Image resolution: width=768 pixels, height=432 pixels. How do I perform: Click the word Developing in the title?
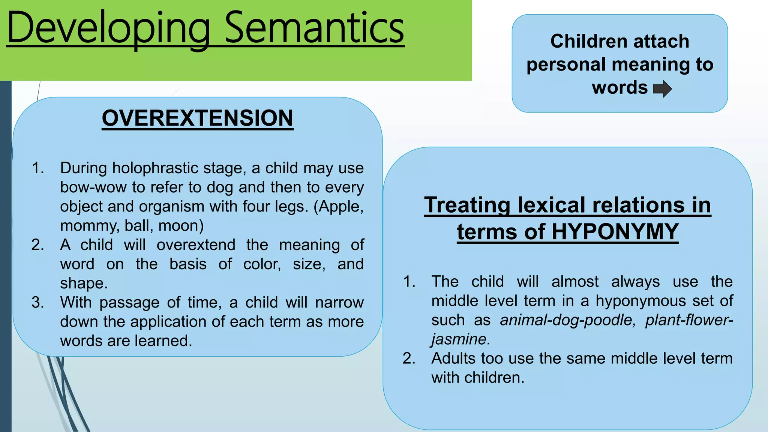pyautogui.click(x=108, y=28)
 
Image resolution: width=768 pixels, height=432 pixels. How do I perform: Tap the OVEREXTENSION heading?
pyautogui.click(x=197, y=118)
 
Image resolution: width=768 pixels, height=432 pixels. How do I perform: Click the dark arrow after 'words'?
pyautogui.click(x=662, y=89)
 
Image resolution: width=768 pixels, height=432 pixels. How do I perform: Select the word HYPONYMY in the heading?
pyautogui.click(x=615, y=232)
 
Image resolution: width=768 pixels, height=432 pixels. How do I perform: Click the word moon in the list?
pyautogui.click(x=179, y=226)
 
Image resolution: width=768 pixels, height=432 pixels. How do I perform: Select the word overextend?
pyautogui.click(x=196, y=245)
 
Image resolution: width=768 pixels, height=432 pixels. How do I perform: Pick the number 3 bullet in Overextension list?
pyautogui.click(x=37, y=302)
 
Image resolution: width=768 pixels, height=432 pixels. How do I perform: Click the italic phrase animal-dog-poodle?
pyautogui.click(x=567, y=320)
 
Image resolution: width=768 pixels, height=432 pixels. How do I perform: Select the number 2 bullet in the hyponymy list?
pyautogui.click(x=408, y=358)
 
